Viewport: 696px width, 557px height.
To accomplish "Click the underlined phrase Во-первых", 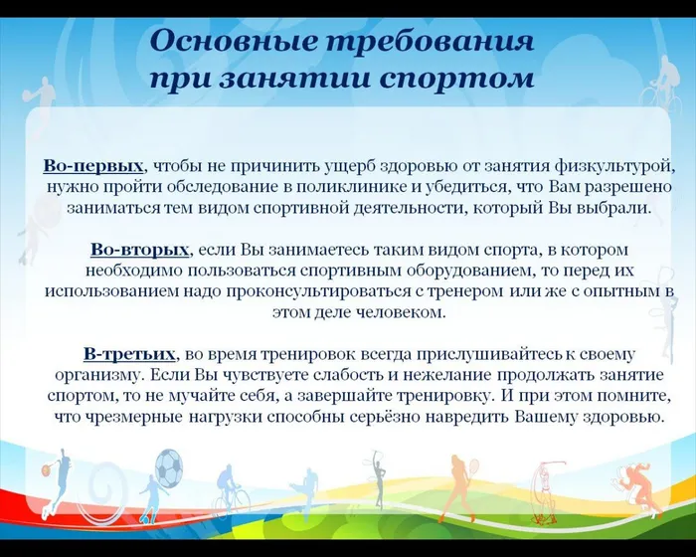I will pos(94,164).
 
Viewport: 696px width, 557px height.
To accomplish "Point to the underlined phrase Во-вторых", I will pos(138,248).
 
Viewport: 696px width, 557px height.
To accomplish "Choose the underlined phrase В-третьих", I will pos(130,353).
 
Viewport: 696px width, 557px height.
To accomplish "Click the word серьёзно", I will pos(400,417).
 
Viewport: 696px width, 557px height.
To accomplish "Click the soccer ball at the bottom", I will pos(169,468).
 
